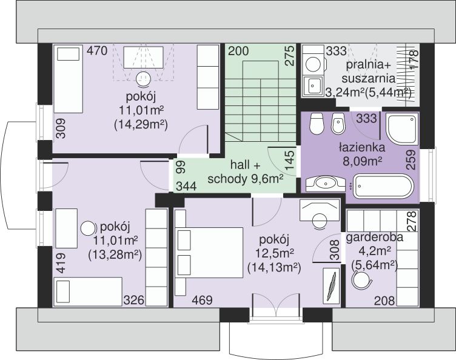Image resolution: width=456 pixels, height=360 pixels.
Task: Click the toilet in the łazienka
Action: tap(317, 124)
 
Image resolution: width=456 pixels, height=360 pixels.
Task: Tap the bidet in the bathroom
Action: tap(338, 124)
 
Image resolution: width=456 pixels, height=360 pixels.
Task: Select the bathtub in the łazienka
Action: tap(383, 186)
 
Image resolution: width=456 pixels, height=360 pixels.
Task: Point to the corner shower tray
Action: tap(401, 129)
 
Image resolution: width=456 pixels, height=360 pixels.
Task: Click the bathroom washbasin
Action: tap(326, 184)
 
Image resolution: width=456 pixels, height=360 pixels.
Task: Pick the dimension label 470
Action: tap(97, 51)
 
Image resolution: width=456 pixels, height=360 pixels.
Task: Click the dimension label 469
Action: tap(202, 300)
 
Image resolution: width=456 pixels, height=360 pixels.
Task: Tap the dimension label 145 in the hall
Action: tap(290, 161)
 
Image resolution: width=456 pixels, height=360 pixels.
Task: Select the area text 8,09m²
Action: tap(362, 161)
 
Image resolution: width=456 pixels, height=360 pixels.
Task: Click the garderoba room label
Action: tap(375, 238)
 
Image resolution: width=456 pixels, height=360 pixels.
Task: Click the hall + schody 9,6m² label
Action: tap(246, 172)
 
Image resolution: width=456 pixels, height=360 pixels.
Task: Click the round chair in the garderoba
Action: tap(361, 279)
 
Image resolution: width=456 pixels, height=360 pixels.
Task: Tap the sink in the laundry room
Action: tap(313, 85)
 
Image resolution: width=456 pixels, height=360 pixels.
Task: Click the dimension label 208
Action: tap(384, 301)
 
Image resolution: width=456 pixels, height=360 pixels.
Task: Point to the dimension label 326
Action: tap(134, 300)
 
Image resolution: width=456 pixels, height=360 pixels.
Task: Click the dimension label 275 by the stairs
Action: tap(290, 56)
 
